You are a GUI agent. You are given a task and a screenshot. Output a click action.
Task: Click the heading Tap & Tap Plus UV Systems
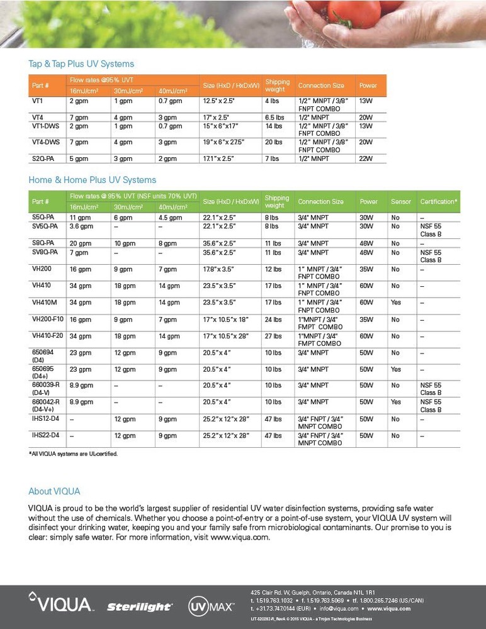(81, 64)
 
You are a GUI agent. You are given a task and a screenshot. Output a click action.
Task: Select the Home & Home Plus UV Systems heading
(92, 180)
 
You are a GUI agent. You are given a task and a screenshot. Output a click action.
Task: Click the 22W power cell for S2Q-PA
(365, 159)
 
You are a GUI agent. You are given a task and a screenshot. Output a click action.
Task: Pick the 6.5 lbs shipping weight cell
(274, 117)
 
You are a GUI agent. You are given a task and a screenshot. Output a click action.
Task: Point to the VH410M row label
(45, 302)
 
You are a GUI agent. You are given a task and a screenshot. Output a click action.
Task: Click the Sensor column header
(401, 201)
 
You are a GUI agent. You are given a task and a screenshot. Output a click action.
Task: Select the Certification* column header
(438, 201)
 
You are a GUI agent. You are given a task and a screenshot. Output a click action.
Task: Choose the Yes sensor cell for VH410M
(395, 302)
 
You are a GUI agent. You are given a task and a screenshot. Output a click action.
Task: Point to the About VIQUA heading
(54, 491)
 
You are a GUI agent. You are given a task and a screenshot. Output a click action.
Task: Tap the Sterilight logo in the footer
(139, 607)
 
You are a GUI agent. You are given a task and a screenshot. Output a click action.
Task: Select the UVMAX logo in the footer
(212, 606)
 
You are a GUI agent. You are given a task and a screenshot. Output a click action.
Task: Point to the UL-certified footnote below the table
(73, 454)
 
